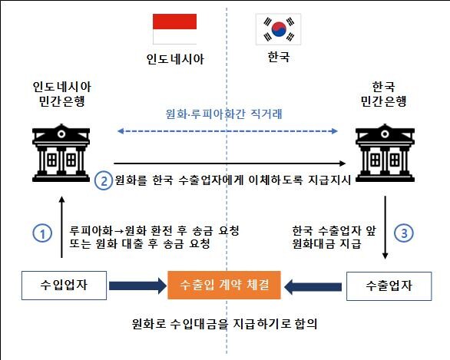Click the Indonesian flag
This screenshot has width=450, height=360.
[174, 29]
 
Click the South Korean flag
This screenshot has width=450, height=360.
[279, 29]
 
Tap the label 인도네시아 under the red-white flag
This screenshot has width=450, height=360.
[175, 59]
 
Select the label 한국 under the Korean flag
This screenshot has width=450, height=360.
[279, 57]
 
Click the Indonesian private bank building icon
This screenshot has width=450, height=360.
[61, 153]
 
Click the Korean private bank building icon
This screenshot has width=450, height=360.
[385, 153]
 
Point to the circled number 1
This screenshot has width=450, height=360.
[42, 233]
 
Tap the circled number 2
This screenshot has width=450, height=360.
[104, 180]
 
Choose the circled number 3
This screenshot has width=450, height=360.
[403, 233]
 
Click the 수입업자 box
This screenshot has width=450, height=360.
[64, 286]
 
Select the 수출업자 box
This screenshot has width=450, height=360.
[389, 286]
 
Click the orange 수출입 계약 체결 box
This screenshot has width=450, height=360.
[224, 285]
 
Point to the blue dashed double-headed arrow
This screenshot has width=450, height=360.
[227, 131]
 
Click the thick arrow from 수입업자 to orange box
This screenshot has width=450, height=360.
[137, 286]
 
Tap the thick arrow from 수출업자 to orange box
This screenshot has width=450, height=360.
[313, 286]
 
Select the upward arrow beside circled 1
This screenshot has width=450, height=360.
[61, 227]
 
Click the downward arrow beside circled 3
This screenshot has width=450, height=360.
[385, 227]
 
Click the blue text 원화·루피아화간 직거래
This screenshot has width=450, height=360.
[224, 114]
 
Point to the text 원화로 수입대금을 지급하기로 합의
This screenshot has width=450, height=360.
[225, 324]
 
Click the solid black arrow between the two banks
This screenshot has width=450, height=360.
[230, 163]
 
